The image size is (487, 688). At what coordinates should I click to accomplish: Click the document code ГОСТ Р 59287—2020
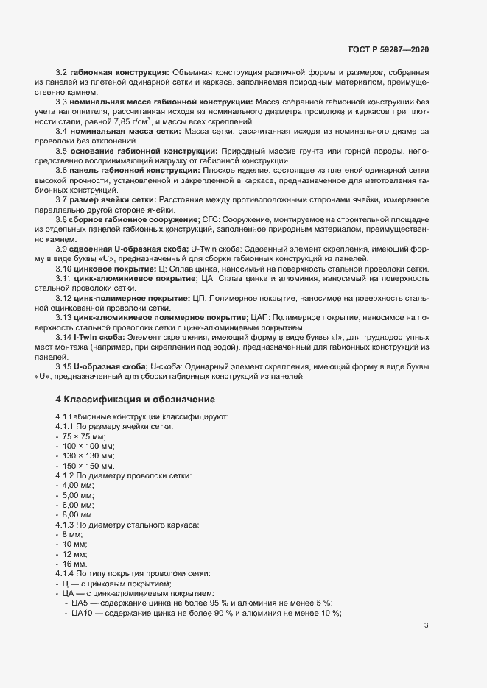(x=388, y=49)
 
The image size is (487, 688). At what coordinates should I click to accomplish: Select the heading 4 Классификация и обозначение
(x=135, y=400)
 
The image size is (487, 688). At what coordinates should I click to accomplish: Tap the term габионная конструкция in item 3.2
(x=119, y=72)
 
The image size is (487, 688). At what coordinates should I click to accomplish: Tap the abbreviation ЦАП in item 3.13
(x=260, y=317)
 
